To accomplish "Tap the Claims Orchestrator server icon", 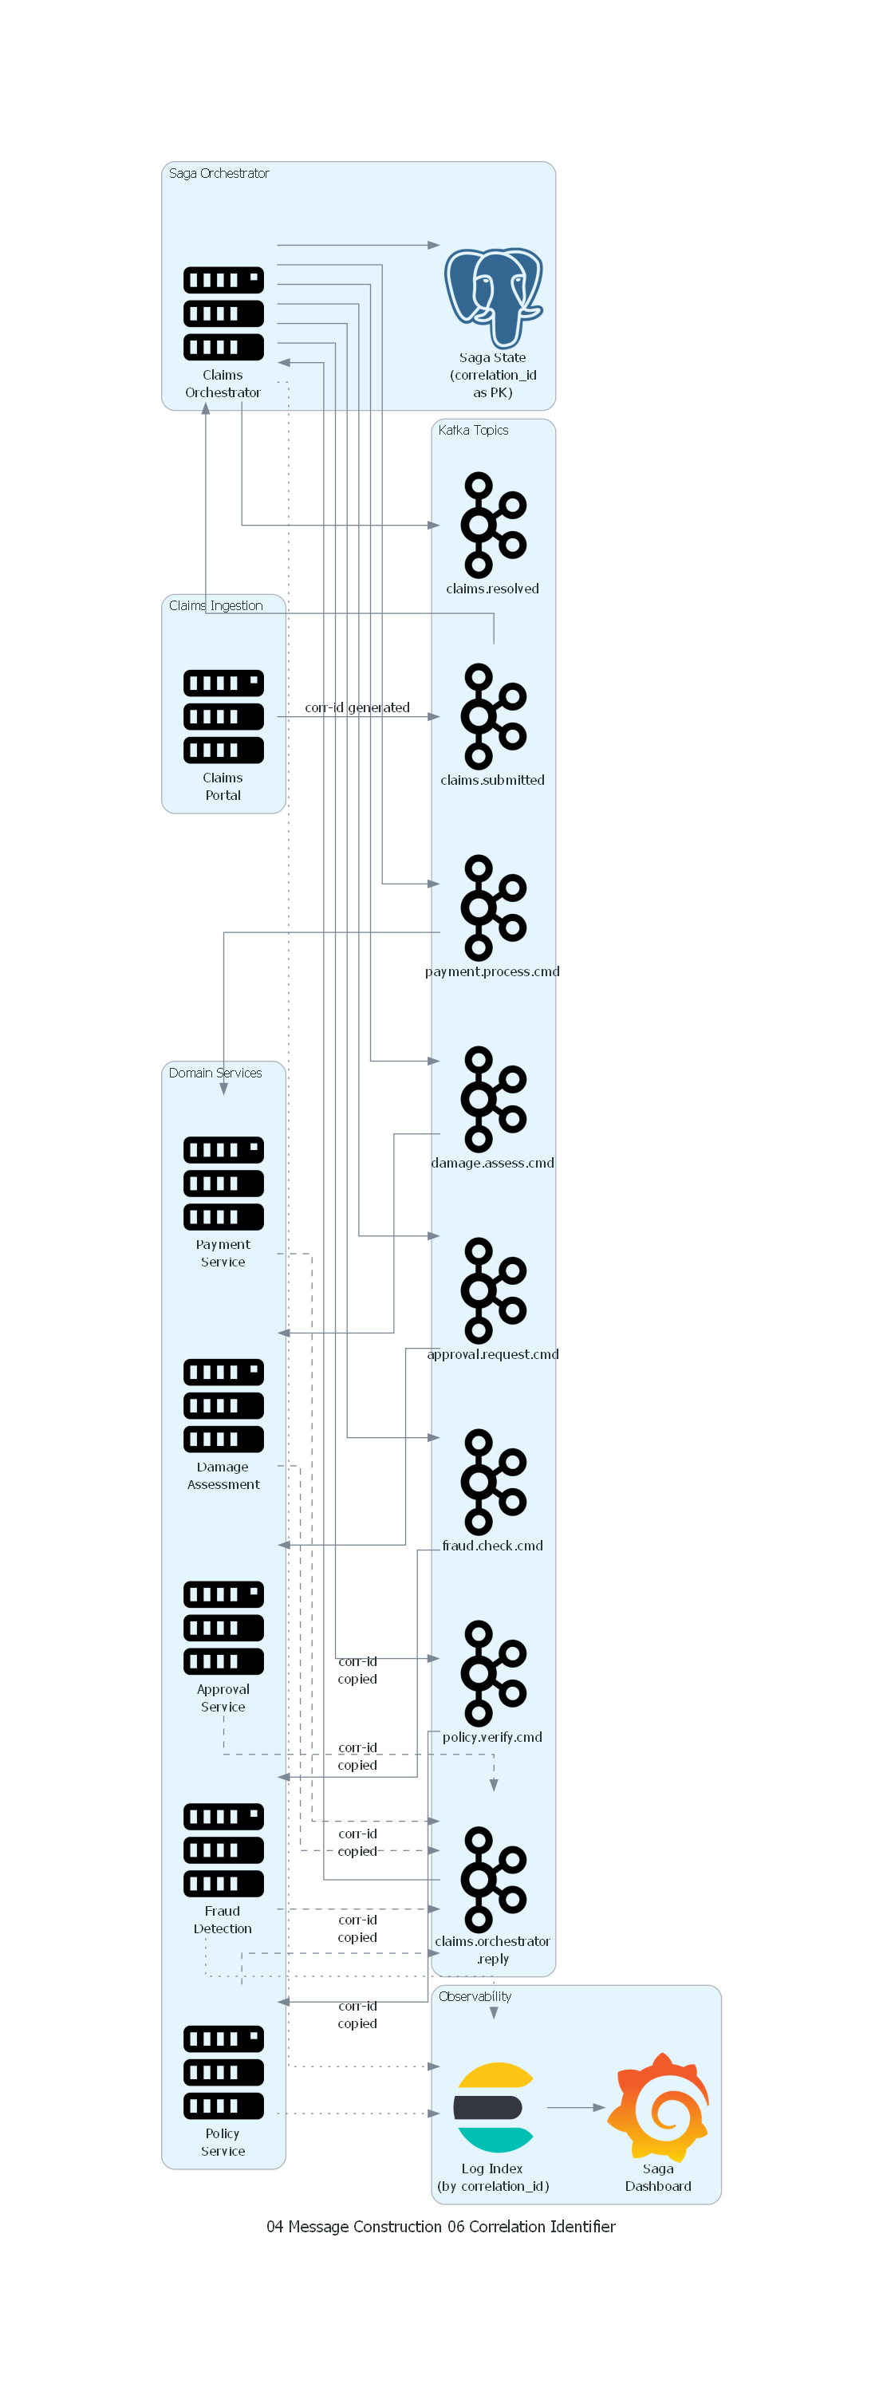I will pyautogui.click(x=223, y=313).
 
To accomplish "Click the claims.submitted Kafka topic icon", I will pyautogui.click(x=493, y=717).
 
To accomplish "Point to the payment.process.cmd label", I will pyautogui.click(x=493, y=971).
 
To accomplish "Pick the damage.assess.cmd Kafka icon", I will pyautogui.click(x=493, y=1099).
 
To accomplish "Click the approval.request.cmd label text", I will pyautogui.click(x=493, y=1355).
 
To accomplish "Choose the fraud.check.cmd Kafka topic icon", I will pyautogui.click(x=493, y=1482).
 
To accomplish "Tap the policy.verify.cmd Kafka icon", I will pyautogui.click(x=493, y=1673).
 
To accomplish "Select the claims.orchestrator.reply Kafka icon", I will pyautogui.click(x=493, y=1879).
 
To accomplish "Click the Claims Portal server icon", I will pyautogui.click(x=223, y=717).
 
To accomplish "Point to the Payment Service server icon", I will pyautogui.click(x=223, y=1184).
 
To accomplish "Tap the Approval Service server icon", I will pyautogui.click(x=223, y=1628).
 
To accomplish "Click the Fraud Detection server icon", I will pyautogui.click(x=223, y=1850).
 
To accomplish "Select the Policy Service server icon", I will pyautogui.click(x=223, y=2072).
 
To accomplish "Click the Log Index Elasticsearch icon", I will pyautogui.click(x=494, y=2108).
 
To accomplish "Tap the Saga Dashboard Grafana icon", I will pyautogui.click(x=658, y=2107).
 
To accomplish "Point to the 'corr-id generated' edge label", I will pyautogui.click(x=357, y=707).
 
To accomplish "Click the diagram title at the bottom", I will pyautogui.click(x=440, y=2227).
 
